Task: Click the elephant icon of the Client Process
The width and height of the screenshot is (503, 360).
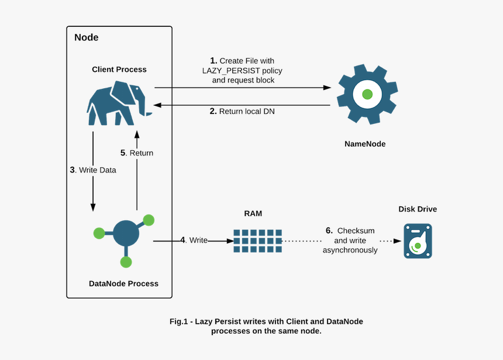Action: point(118,103)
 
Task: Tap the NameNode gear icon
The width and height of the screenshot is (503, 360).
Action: point(367,94)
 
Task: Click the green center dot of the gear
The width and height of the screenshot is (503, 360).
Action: point(367,94)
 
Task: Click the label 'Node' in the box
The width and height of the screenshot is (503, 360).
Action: point(87,38)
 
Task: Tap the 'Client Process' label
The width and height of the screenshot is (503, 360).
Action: point(119,70)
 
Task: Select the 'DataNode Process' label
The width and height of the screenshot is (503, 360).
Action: point(123,283)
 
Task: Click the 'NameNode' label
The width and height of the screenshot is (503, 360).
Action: point(366,144)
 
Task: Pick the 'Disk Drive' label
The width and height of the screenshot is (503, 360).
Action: point(418,209)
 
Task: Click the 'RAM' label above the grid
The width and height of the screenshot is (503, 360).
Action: point(253,214)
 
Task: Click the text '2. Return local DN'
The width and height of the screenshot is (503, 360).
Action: point(242,111)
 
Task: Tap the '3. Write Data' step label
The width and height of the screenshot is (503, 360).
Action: point(93,170)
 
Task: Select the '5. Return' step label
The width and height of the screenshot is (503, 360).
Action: point(137,153)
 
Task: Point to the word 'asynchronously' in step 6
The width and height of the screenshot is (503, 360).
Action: point(350,250)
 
